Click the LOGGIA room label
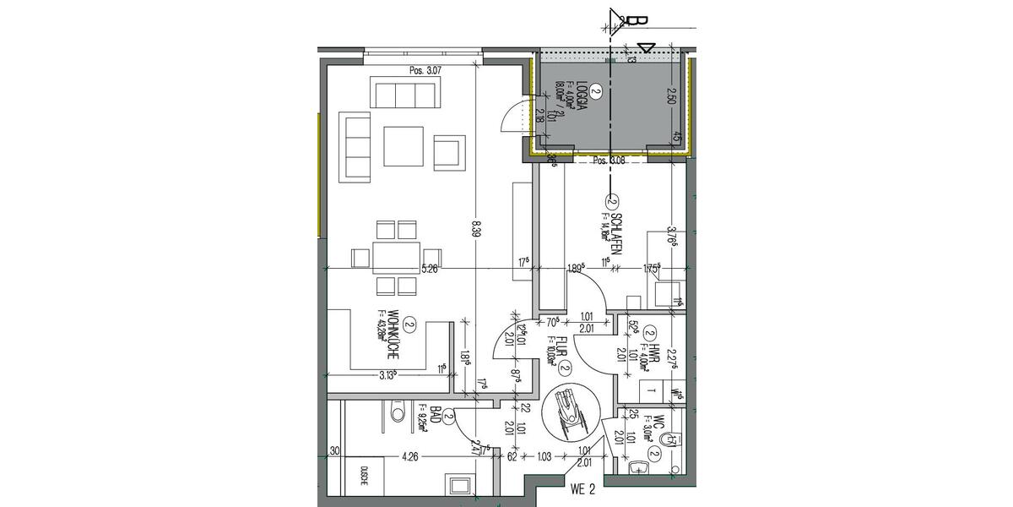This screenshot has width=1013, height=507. tap(582, 100)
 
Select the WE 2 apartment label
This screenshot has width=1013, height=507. tap(584, 488)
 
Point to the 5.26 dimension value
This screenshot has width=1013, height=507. tap(429, 270)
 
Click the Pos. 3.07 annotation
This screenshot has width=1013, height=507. tap(425, 71)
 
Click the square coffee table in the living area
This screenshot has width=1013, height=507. tap(403, 146)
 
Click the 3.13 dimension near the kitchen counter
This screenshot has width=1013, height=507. tap(389, 376)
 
